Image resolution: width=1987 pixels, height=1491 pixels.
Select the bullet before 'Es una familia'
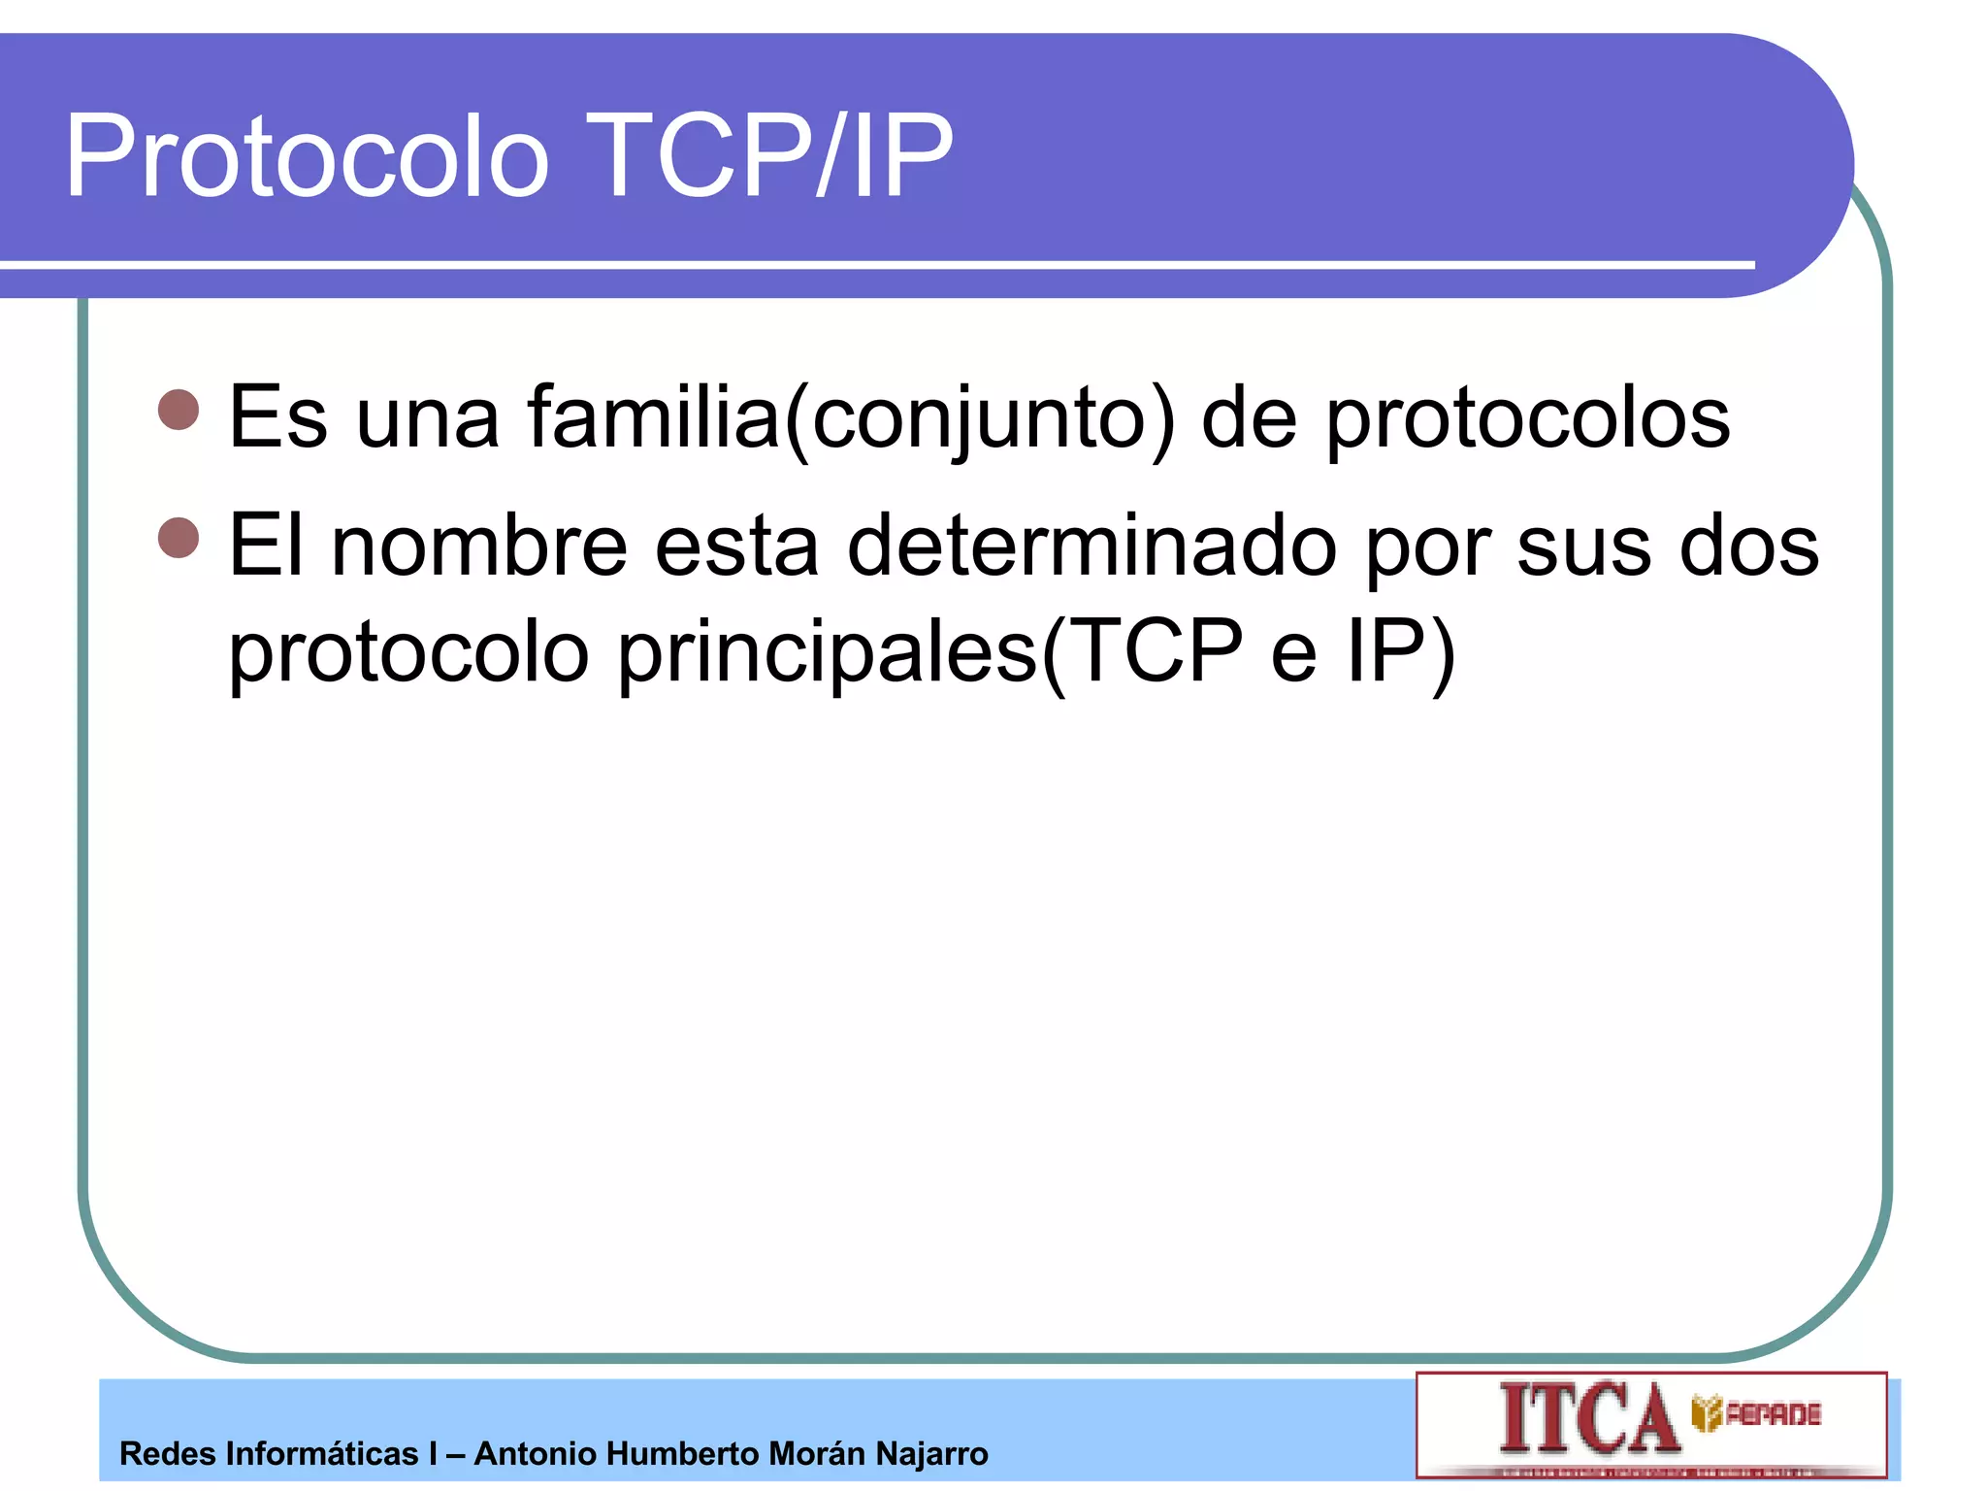click(179, 410)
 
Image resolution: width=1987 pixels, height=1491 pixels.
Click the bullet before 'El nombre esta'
click(179, 538)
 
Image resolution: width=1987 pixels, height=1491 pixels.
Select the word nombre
click(479, 546)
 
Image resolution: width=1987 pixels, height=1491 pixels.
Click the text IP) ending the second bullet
click(1401, 650)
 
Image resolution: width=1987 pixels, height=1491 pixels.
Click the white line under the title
click(873, 264)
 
